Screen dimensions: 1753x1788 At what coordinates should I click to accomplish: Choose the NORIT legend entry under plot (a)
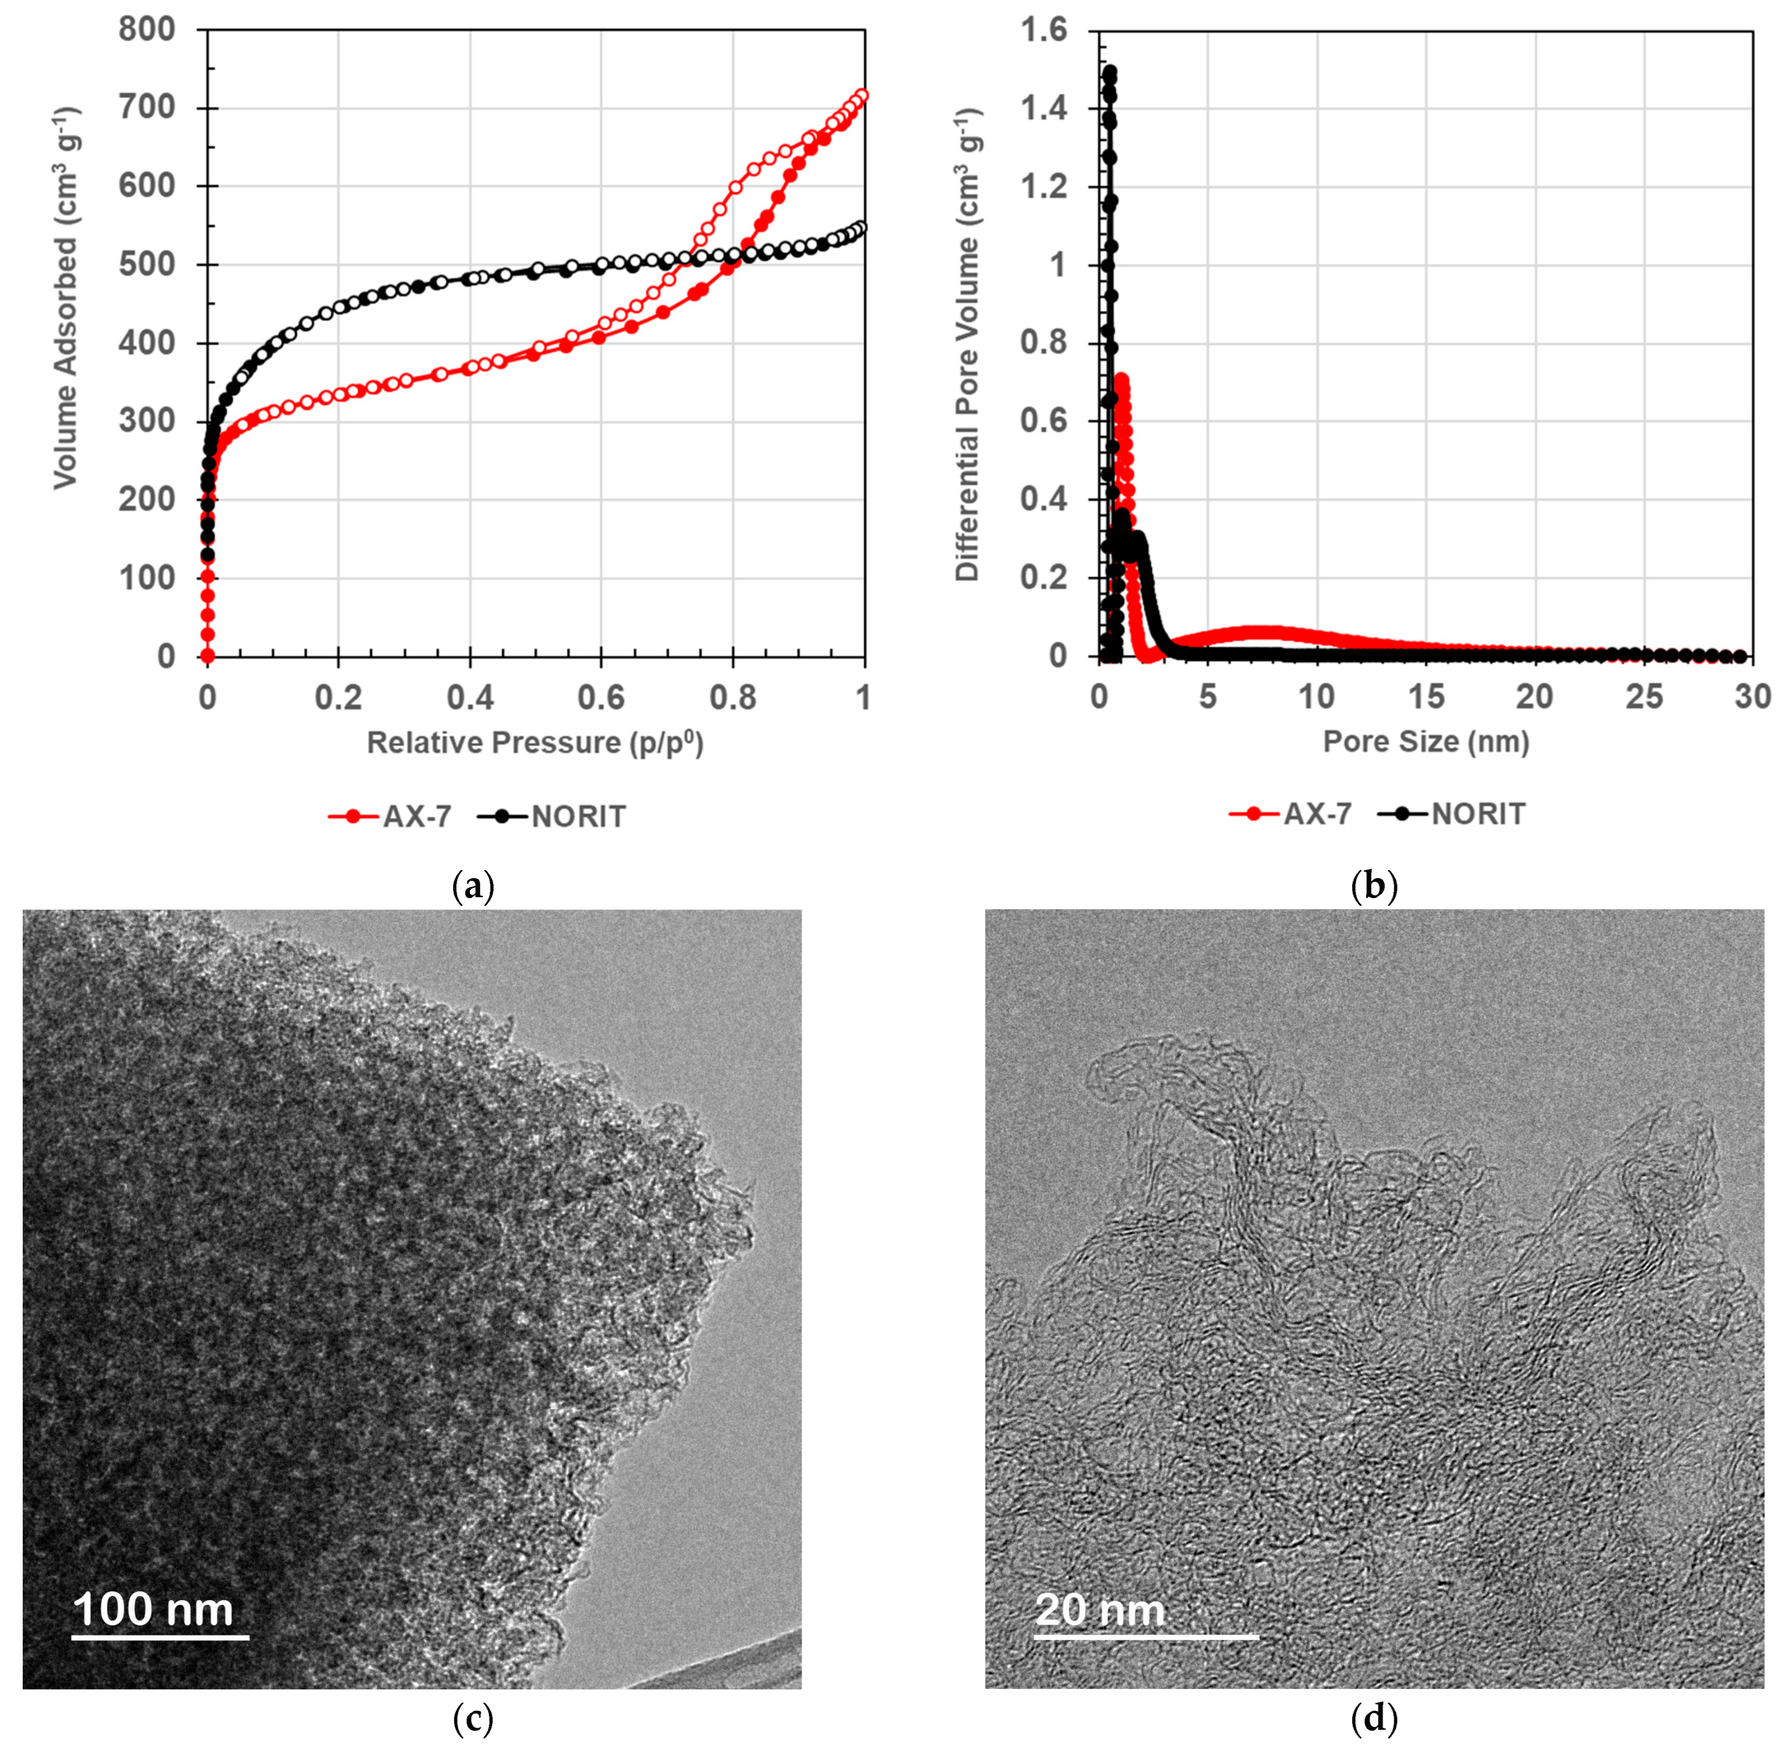click(x=552, y=817)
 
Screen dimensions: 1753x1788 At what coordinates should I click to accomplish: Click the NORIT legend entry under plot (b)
click(x=1453, y=814)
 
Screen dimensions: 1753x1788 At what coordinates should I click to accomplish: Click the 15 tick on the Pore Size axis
click(x=1425, y=698)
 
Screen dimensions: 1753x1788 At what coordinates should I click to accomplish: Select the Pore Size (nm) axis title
click(x=1425, y=741)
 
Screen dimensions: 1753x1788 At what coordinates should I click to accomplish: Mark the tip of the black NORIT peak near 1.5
click(x=1110, y=71)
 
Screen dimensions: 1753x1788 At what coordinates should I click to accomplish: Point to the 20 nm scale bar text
click(x=1100, y=1610)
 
